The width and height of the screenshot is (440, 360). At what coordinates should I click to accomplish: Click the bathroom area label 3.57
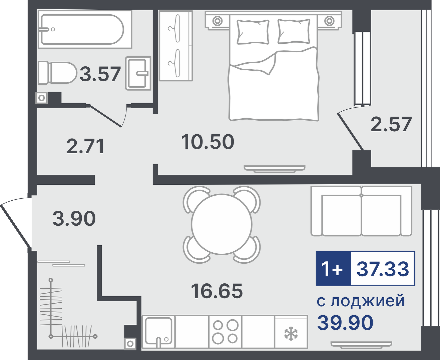click(100, 74)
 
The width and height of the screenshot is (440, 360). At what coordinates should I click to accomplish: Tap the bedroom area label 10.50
click(208, 142)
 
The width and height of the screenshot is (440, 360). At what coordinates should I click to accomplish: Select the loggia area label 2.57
click(391, 124)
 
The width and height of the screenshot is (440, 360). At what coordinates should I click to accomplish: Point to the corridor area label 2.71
click(85, 147)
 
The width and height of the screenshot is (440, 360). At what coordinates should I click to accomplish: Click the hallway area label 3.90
click(74, 218)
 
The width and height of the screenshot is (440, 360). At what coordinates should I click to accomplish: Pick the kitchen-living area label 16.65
click(217, 291)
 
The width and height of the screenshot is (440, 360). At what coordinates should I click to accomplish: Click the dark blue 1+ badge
click(333, 269)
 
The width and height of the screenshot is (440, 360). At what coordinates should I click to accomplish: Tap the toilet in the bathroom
click(57, 73)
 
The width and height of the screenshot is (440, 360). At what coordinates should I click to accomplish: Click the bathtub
click(85, 29)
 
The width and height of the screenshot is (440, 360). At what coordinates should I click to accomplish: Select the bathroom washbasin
click(138, 73)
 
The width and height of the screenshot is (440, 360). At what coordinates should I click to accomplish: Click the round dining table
click(222, 224)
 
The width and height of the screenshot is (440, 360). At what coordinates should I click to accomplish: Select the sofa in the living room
click(361, 211)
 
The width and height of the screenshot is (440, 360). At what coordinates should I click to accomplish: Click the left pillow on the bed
click(253, 32)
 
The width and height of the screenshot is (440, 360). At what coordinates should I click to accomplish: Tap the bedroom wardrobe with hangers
click(176, 46)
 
